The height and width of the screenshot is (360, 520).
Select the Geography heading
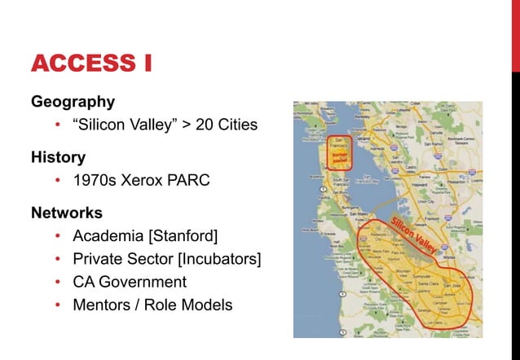point(73,102)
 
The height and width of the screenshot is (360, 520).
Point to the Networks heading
point(67,213)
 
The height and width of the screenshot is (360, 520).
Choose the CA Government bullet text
point(130,282)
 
